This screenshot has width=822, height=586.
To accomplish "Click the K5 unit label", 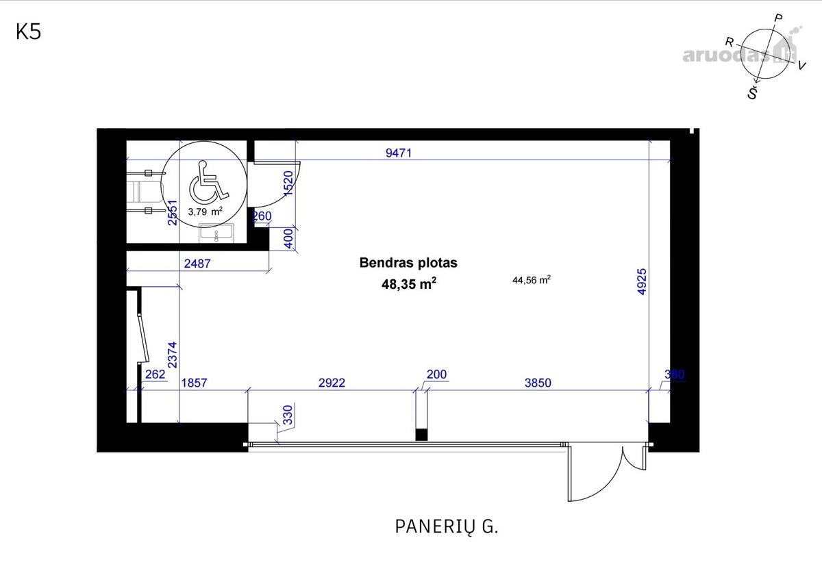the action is tap(29, 32).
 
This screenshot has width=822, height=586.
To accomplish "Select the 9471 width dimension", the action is tap(399, 153).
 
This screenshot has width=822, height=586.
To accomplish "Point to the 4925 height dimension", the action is tap(642, 281).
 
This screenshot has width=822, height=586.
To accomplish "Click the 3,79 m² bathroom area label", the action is tap(205, 212).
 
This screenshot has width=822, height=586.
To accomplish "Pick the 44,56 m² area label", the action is tap(532, 280).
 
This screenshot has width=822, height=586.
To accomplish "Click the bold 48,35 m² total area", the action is tap(409, 284).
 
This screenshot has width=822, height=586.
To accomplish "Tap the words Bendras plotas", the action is tap(408, 263).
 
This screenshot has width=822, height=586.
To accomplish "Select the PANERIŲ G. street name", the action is tap(447, 527).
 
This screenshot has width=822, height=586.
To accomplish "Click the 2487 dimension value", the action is tap(197, 264).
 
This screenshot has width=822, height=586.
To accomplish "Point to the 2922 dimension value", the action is tap(332, 383).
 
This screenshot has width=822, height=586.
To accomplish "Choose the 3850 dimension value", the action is tap(538, 383).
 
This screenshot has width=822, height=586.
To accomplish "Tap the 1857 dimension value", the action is tap(194, 383).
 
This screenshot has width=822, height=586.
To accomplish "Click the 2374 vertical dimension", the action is tap(172, 355).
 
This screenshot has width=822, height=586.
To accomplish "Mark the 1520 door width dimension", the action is tap(289, 183).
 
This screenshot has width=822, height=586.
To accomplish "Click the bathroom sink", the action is tap(216, 233).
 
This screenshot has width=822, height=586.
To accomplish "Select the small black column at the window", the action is tap(421, 435).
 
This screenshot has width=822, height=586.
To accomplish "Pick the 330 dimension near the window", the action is tap(289, 415).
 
